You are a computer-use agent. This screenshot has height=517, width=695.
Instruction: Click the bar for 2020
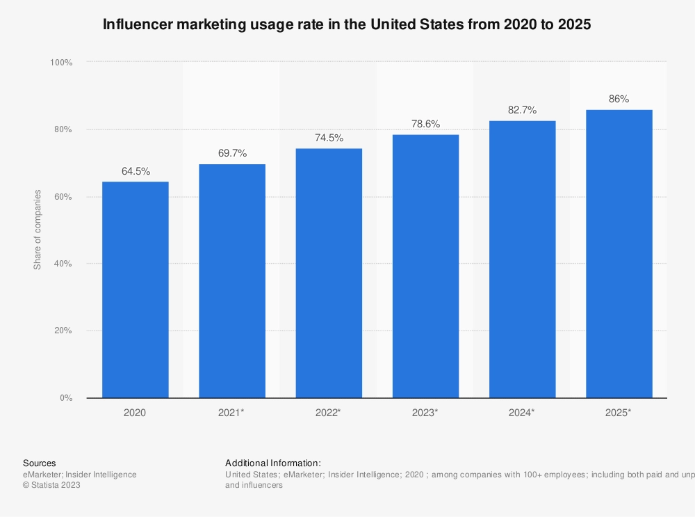coord(135,289)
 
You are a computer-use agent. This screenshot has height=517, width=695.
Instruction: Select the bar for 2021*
coord(231,281)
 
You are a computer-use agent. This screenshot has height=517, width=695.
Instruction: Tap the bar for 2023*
coord(425,266)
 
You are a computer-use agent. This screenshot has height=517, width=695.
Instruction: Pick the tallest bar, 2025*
coord(619,254)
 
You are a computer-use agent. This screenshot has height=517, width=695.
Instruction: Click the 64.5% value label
coord(136,171)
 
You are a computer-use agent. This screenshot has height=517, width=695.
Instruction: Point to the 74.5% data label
coord(329,138)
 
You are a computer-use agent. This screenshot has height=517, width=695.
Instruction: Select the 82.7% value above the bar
coord(522,110)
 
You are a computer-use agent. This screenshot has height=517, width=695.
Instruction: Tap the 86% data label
coord(619,99)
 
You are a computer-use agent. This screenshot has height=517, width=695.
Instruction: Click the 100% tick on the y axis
coord(61,63)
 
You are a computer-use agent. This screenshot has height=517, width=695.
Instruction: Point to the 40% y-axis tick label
coord(63,264)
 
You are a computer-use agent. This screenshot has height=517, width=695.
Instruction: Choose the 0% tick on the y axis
coord(66,398)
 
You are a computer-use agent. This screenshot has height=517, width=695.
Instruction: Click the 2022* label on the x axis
coord(329,413)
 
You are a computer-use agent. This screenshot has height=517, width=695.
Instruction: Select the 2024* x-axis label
coord(522,413)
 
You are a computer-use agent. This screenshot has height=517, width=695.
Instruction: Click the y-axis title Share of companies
coord(38,230)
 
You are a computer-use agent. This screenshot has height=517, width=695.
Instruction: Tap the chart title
coord(347,24)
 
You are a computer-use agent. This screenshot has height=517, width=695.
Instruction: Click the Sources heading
coord(40,463)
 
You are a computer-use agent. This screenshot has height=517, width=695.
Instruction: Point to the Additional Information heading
coord(273,463)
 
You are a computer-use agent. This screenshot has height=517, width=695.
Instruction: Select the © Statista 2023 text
coord(51,486)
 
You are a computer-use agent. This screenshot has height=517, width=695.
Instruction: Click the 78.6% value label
coord(425,124)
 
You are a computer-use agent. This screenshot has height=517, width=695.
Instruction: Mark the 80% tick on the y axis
coord(63,129)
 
